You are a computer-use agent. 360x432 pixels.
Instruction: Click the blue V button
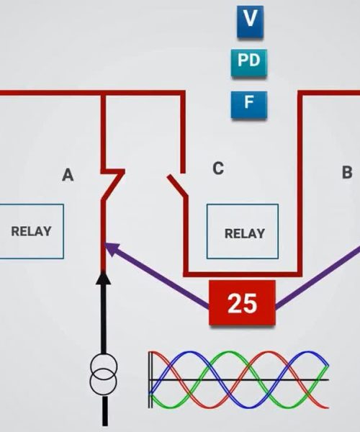pos(250,22)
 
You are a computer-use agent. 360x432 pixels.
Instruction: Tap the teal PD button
pos(249,63)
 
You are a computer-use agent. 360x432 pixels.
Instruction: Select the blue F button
pos(249,105)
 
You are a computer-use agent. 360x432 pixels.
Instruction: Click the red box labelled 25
pos(243,302)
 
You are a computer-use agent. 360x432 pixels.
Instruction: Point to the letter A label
pos(68,175)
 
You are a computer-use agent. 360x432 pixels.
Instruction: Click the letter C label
pos(218,168)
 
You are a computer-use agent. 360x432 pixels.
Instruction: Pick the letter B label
pos(347,172)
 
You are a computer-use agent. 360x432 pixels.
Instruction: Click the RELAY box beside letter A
pos(32,231)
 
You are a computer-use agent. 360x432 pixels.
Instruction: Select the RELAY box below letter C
pos(243,231)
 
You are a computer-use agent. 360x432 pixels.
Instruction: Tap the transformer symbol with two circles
pos(104,374)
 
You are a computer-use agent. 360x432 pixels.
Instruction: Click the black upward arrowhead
pos(103,277)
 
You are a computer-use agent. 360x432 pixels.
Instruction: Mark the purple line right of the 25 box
pos(318,277)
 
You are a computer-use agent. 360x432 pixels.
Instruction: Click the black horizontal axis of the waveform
pos(239,380)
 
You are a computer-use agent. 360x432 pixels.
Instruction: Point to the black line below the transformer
pos(104,411)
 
